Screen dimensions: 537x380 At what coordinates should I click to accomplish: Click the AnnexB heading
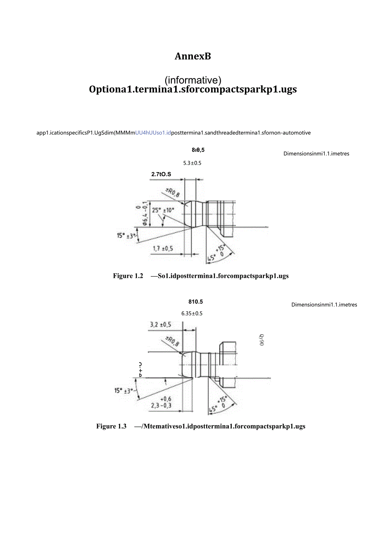[x=192, y=57]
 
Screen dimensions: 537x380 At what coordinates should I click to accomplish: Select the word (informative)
[x=193, y=80]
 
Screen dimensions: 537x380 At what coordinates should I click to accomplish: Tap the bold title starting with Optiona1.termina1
[x=192, y=89]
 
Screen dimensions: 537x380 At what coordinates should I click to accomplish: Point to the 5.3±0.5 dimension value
[x=192, y=163]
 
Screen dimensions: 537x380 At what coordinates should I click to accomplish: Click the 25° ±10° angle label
[x=163, y=210]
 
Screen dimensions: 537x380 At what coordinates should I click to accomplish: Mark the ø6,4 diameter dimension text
[x=145, y=214]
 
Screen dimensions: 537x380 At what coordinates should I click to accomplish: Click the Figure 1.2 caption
[x=201, y=276]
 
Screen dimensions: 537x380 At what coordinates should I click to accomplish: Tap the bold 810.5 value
[x=196, y=302]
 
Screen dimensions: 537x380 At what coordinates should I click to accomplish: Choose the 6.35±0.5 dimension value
[x=192, y=313]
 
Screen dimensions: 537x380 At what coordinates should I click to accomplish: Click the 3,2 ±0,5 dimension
[x=160, y=325]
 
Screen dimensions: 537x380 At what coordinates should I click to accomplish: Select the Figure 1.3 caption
[x=201, y=426]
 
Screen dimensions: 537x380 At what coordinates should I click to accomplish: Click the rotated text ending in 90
[x=262, y=340]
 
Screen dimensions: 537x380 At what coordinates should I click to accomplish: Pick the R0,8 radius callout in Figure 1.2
[x=172, y=192]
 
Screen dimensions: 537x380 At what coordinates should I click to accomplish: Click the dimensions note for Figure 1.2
[x=316, y=154]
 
